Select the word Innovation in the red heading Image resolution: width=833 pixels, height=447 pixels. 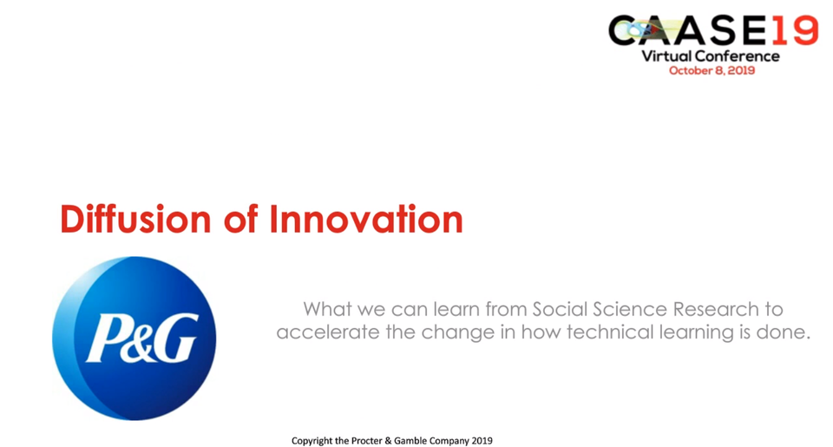click(365, 220)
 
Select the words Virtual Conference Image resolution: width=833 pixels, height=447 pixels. click(711, 56)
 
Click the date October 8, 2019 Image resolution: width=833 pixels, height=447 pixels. click(712, 70)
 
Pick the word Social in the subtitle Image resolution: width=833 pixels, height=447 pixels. click(561, 309)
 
